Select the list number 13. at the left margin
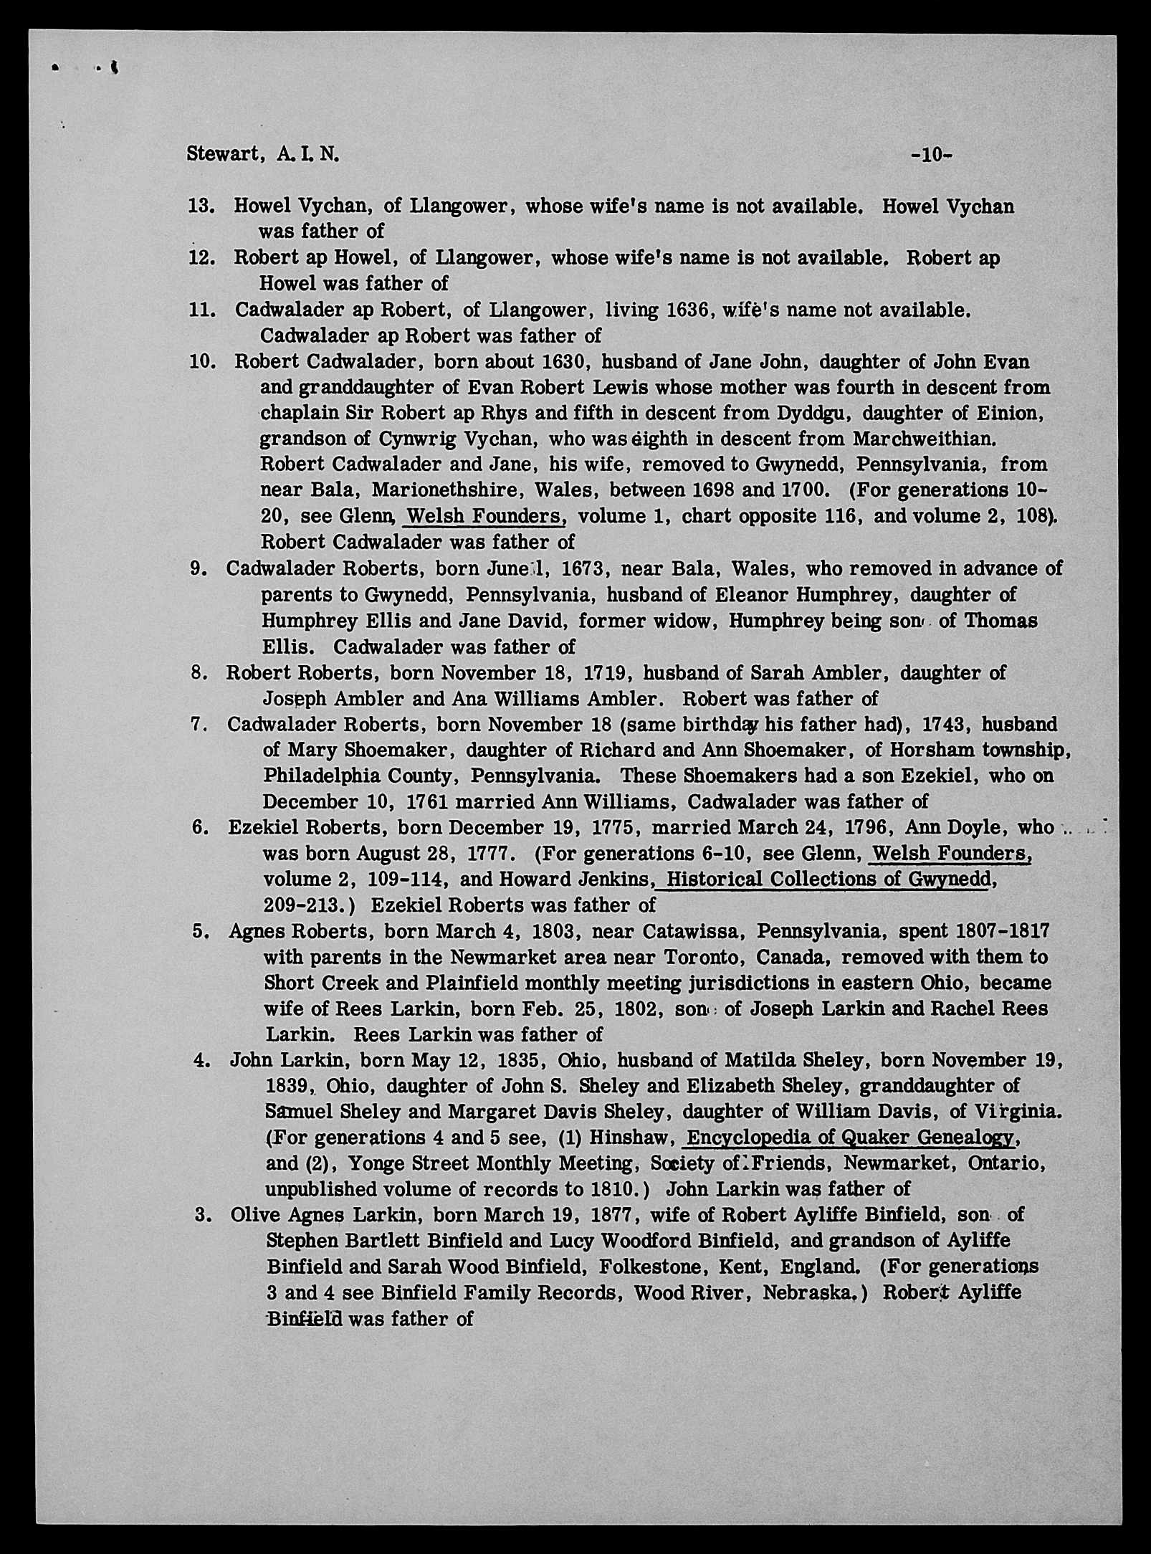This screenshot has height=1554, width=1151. point(201,206)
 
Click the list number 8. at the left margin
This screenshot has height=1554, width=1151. point(200,672)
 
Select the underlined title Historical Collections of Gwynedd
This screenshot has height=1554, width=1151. point(824,880)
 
